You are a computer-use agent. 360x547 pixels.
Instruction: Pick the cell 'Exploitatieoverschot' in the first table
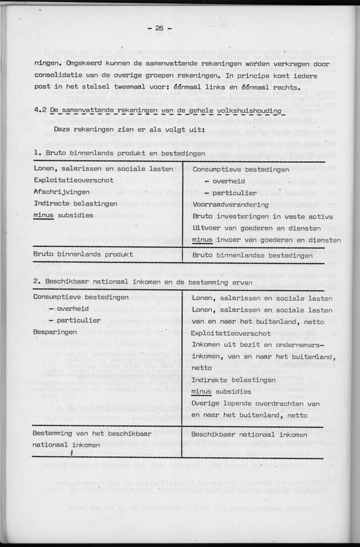pyautogui.click(x=74, y=180)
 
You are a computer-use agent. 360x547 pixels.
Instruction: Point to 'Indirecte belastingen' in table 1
pyautogui.click(x=75, y=204)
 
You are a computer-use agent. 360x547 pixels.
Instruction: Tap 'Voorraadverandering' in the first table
pyautogui.click(x=230, y=204)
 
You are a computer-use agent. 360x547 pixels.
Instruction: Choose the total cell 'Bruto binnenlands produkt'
pyautogui.click(x=83, y=254)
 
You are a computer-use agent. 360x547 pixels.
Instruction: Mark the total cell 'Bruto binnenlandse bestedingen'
pyautogui.click(x=252, y=255)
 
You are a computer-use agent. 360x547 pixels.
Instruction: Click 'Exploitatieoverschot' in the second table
pyautogui.click(x=231, y=332)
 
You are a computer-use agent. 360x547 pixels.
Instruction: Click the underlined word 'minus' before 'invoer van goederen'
pyautogui.click(x=202, y=240)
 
